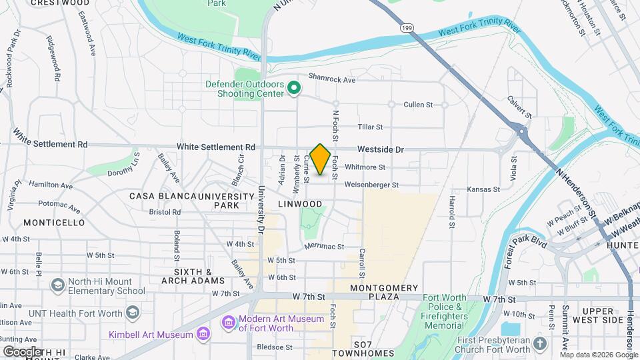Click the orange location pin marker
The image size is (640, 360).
(x=321, y=159)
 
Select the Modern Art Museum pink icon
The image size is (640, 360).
(x=229, y=323)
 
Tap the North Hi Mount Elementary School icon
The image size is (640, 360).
(x=57, y=285)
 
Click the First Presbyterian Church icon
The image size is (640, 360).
(x=539, y=344)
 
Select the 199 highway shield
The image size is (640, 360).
(x=406, y=28)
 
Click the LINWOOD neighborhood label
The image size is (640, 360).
(x=300, y=204)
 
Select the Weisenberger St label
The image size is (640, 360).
(x=371, y=185)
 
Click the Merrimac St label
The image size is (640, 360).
(x=324, y=246)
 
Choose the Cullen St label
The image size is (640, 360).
(x=418, y=105)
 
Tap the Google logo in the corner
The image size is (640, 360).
(x=22, y=351)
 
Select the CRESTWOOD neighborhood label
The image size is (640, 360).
(x=51, y=3)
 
